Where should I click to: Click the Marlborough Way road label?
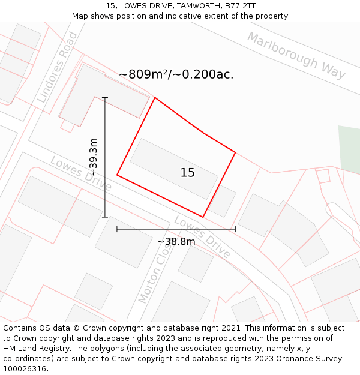coord(296,56)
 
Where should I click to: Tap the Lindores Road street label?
coord(58,67)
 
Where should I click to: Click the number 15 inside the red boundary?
coord(187,173)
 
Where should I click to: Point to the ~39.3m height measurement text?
coord(93,157)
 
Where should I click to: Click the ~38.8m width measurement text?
coord(176,242)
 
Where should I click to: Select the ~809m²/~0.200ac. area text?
coord(176,74)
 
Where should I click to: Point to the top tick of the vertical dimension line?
coord(105,97)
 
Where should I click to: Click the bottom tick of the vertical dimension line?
coord(105,217)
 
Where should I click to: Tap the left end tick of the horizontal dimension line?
coord(117,229)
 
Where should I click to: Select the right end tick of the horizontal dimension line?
coord(235,229)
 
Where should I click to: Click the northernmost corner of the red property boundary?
coord(155,97)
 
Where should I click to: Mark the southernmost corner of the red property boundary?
coord(203,217)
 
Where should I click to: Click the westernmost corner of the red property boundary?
coord(117,175)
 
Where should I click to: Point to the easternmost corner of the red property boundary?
coord(235,152)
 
